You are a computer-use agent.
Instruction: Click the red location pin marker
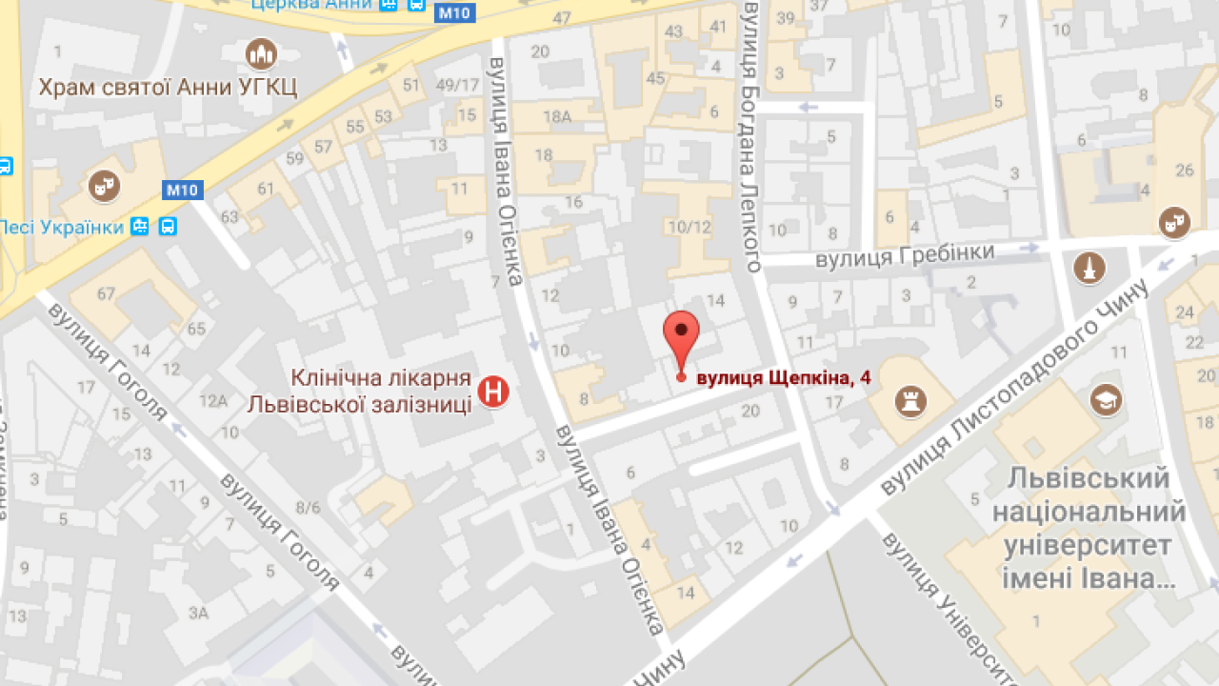click(x=681, y=335)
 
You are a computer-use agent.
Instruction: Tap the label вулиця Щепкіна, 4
click(x=784, y=379)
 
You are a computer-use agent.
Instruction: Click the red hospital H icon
click(x=493, y=392)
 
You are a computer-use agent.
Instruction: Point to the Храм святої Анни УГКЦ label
click(x=168, y=89)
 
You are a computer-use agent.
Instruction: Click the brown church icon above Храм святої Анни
click(x=260, y=53)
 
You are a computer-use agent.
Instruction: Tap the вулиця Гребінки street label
click(x=904, y=255)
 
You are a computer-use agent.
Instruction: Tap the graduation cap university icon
click(x=1106, y=398)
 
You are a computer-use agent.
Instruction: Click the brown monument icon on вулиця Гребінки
click(x=1089, y=268)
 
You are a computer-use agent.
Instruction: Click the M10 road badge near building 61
click(x=181, y=190)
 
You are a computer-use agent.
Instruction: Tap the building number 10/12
click(x=689, y=227)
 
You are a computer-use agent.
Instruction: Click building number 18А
click(x=556, y=117)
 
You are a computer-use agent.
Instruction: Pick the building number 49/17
click(x=457, y=86)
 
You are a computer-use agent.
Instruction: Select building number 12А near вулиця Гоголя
click(x=213, y=401)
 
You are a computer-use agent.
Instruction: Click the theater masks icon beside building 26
click(x=1174, y=223)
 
